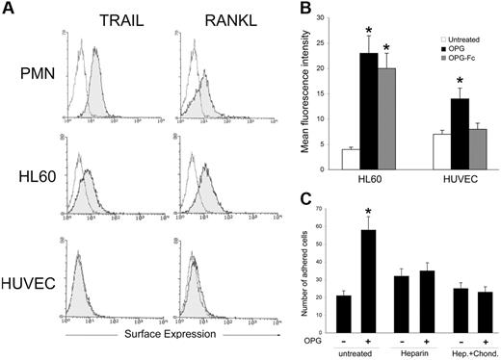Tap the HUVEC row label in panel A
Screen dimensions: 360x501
tap(27, 285)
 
